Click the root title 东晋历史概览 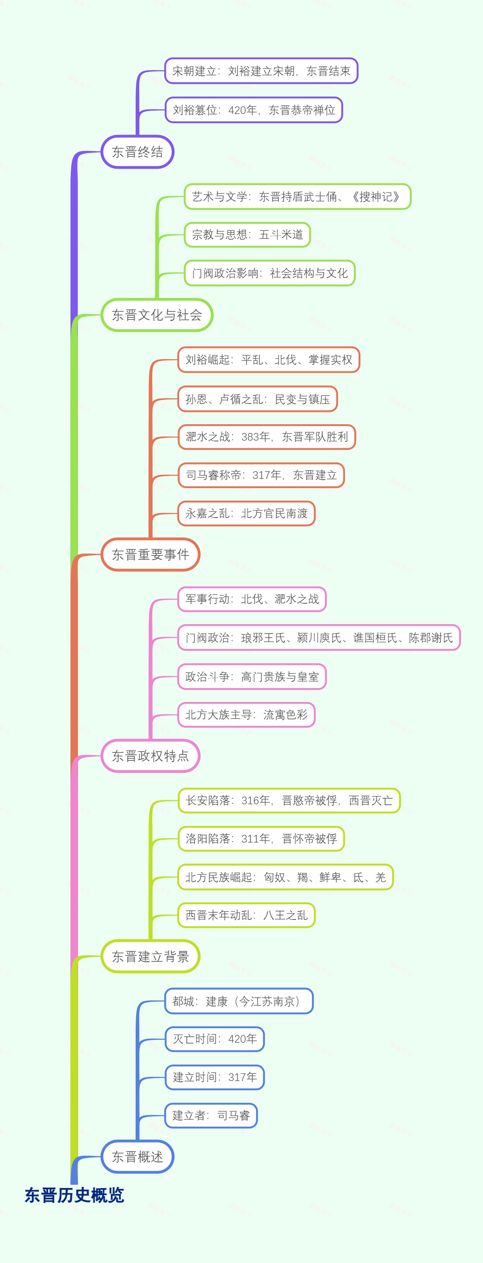[x=74, y=1195]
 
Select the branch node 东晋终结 [x=138, y=152]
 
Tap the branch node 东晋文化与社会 [x=157, y=315]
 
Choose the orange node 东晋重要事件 [x=151, y=555]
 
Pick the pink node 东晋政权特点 [x=151, y=756]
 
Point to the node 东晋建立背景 [x=151, y=956]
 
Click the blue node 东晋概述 [x=138, y=1157]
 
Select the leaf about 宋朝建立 [x=261, y=71]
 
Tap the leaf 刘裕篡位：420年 [x=253, y=110]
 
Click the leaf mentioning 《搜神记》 [x=297, y=197]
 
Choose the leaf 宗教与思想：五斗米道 [x=248, y=234]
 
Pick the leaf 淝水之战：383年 [x=266, y=437]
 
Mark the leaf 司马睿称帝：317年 [x=261, y=475]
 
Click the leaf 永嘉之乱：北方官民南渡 [x=246, y=513]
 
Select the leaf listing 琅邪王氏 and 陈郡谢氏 [x=319, y=638]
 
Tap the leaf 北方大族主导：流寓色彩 [x=246, y=715]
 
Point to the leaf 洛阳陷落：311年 [x=261, y=839]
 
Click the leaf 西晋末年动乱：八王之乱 [x=246, y=915]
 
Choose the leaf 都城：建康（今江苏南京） [x=239, y=1001]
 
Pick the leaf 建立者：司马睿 [x=211, y=1116]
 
